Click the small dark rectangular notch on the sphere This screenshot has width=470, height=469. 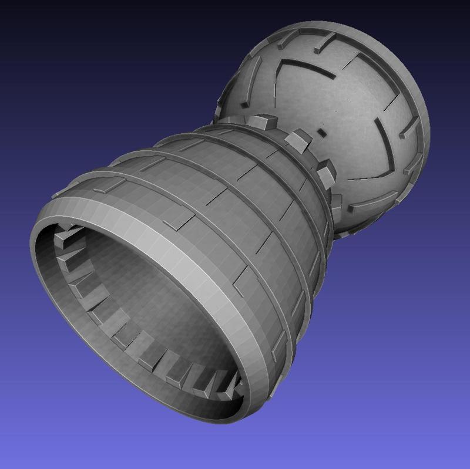(x=322, y=131)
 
